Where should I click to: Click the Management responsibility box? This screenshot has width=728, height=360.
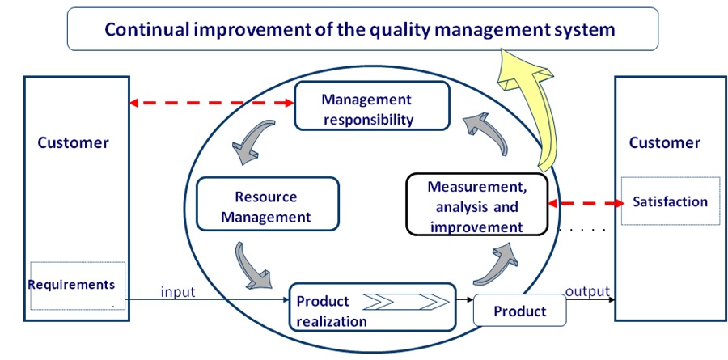372,106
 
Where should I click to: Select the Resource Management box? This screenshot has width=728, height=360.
268,203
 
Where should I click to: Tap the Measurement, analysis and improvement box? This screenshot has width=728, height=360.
476,205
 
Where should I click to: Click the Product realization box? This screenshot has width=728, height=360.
372,307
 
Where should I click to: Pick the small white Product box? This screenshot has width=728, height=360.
519,311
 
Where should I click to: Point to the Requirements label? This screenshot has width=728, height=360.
71,284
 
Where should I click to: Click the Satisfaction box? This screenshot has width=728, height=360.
670,201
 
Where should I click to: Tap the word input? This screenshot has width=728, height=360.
178,292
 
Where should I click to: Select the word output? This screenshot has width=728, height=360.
587,291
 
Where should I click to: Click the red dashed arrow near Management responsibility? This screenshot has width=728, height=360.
212,103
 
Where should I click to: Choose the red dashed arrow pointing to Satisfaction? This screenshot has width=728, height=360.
586,203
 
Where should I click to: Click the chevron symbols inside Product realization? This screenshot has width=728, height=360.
406,302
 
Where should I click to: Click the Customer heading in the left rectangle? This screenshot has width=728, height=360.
73,142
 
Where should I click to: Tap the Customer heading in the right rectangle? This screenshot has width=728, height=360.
664,142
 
